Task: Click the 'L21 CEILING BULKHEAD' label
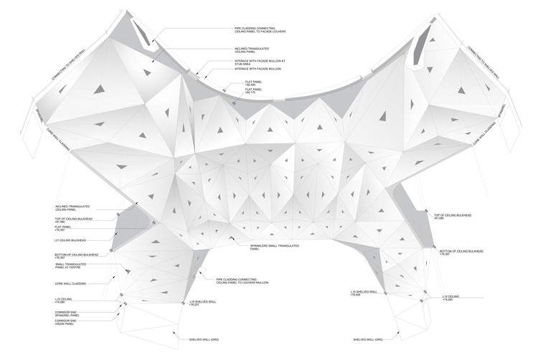[70, 240]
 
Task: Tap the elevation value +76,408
[356, 295]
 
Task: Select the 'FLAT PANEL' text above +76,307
[64, 227]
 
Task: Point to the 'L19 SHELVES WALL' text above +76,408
[364, 291]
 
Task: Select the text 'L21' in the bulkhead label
[57, 240]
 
